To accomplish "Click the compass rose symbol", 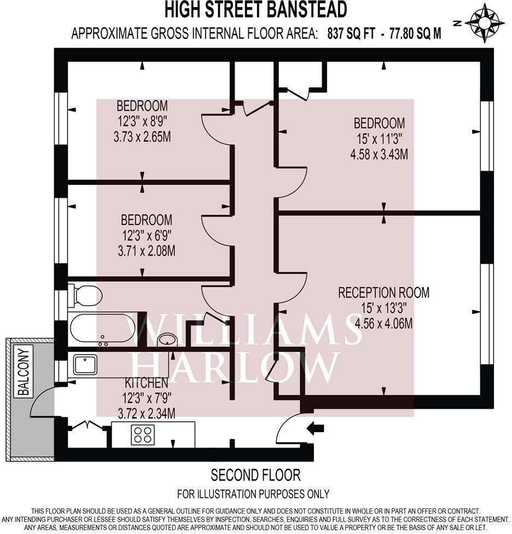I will tap(485, 23).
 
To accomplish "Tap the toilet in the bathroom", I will tap(86, 296).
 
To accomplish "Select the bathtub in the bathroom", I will tap(102, 328).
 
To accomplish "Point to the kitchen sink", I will tap(85, 364).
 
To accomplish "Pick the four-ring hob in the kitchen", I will tap(142, 434).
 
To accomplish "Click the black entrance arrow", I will tap(315, 428).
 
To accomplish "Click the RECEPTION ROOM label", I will tap(383, 293).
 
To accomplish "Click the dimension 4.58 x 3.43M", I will tap(379, 154).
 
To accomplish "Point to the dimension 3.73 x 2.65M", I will tap(142, 137).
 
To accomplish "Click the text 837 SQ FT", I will tap(352, 34).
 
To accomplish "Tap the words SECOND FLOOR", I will tap(255, 474).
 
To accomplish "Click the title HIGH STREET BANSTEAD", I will tap(255, 9).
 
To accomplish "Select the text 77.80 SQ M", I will tap(415, 34).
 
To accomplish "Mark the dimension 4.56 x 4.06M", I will tap(383, 324).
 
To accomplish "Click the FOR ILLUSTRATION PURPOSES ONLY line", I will tap(255, 494).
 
